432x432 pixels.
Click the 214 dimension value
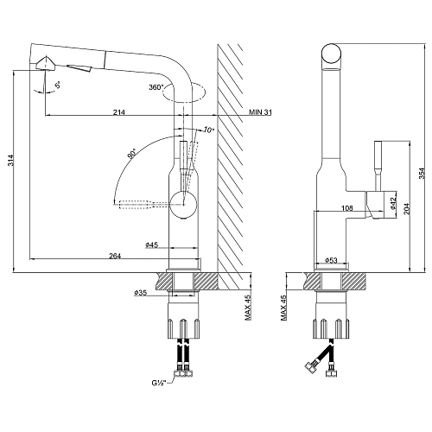[x=119, y=112]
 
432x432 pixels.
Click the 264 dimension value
[x=115, y=256]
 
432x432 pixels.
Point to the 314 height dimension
[x=11, y=161]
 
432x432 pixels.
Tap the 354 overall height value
[x=422, y=173]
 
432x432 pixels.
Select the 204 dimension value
[x=406, y=209]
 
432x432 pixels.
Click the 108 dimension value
[x=347, y=207]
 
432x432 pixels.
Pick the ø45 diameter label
[x=152, y=245]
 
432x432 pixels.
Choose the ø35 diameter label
[x=141, y=293]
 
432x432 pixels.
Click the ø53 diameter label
[x=331, y=260]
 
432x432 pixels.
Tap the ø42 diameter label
[x=393, y=202]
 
